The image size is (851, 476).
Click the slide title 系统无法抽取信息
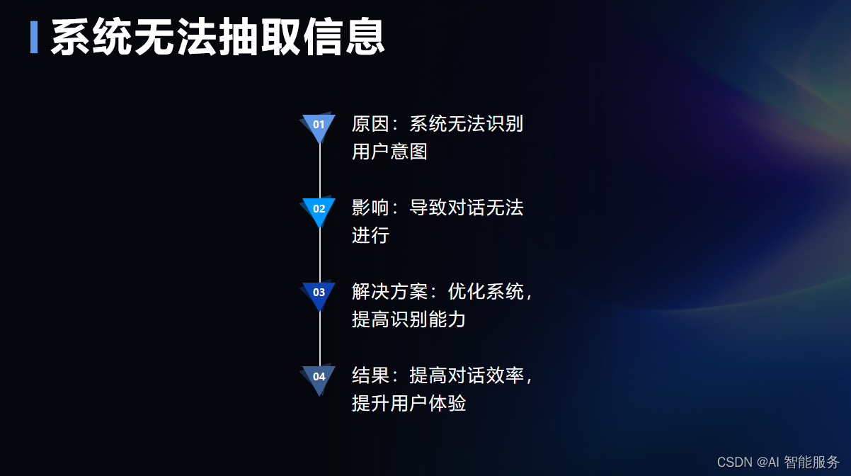pyautogui.click(x=218, y=37)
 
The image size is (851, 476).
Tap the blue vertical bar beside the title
pyautogui.click(x=34, y=37)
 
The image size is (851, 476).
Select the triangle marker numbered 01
pyautogui.click(x=319, y=126)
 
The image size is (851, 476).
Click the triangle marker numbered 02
pyautogui.click(x=319, y=210)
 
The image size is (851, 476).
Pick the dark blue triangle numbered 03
pyautogui.click(x=319, y=293)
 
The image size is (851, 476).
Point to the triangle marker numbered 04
pyautogui.click(x=319, y=378)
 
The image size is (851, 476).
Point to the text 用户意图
pyautogui.click(x=389, y=152)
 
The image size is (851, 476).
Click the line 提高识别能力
pyautogui.click(x=409, y=319)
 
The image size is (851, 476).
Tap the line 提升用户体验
pyautogui.click(x=409, y=403)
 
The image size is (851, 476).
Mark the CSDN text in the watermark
pyautogui.click(x=735, y=463)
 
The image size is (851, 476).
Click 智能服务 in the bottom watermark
pyautogui.click(x=811, y=462)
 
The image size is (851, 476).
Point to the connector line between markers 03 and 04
pyautogui.click(x=320, y=339)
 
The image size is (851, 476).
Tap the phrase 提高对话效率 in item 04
pyautogui.click(x=466, y=375)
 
